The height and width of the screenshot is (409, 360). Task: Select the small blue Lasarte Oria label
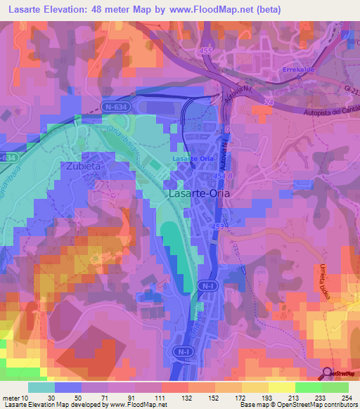click(193, 158)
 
